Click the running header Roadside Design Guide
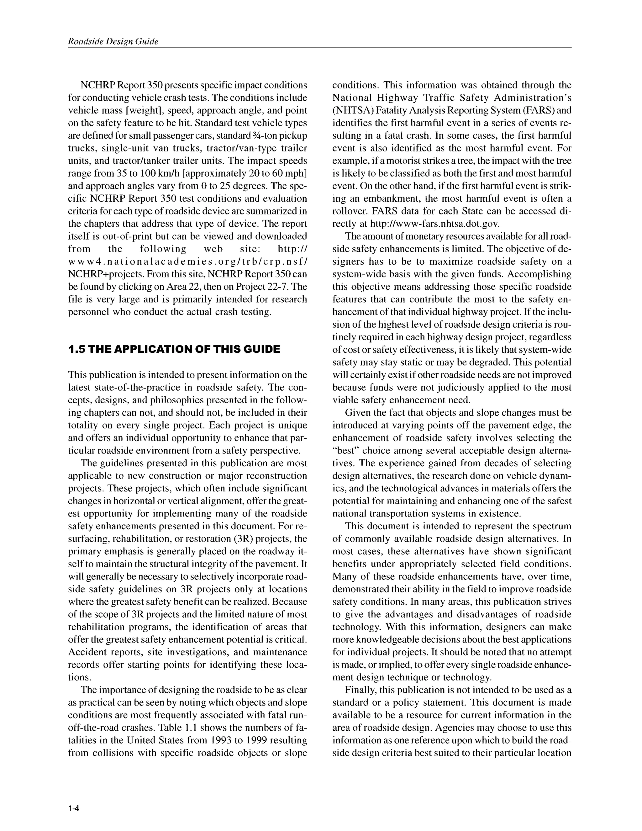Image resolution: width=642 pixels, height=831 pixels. point(113,41)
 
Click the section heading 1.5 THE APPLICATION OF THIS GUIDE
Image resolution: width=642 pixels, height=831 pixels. point(174,349)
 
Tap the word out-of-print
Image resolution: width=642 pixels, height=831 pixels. point(119,236)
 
